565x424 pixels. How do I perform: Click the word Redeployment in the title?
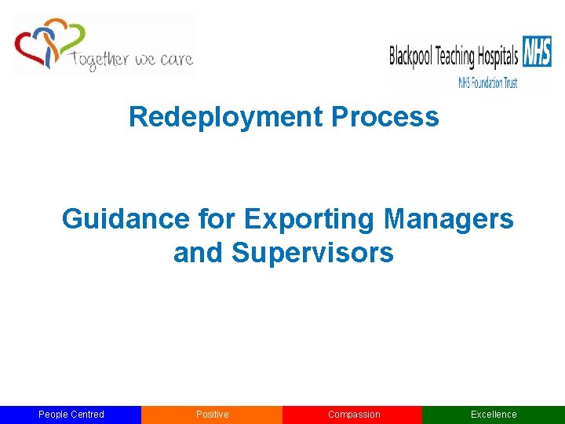226,118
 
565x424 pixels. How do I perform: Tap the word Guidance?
126,219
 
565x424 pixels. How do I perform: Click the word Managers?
449,219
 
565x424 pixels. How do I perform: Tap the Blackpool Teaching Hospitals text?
454,57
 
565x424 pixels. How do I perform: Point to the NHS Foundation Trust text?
487,83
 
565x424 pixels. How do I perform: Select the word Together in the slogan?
98,60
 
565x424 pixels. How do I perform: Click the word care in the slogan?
174,60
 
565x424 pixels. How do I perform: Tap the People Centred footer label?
71,415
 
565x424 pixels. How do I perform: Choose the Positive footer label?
212,415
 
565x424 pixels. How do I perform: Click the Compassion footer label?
353,415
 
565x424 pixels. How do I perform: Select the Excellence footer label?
494,415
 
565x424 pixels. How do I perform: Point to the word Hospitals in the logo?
498,57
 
